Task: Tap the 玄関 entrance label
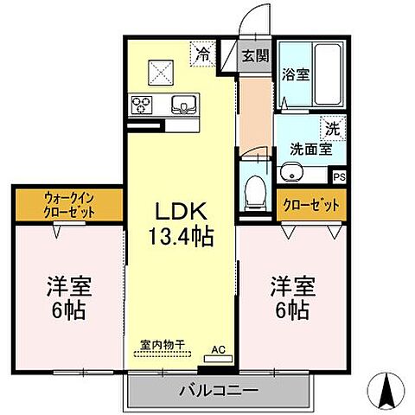point(255,56)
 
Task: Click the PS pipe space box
point(340,176)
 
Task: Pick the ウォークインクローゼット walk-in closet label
point(68,207)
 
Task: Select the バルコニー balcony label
point(218,390)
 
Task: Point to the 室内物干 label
point(163,344)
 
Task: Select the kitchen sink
point(184,105)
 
